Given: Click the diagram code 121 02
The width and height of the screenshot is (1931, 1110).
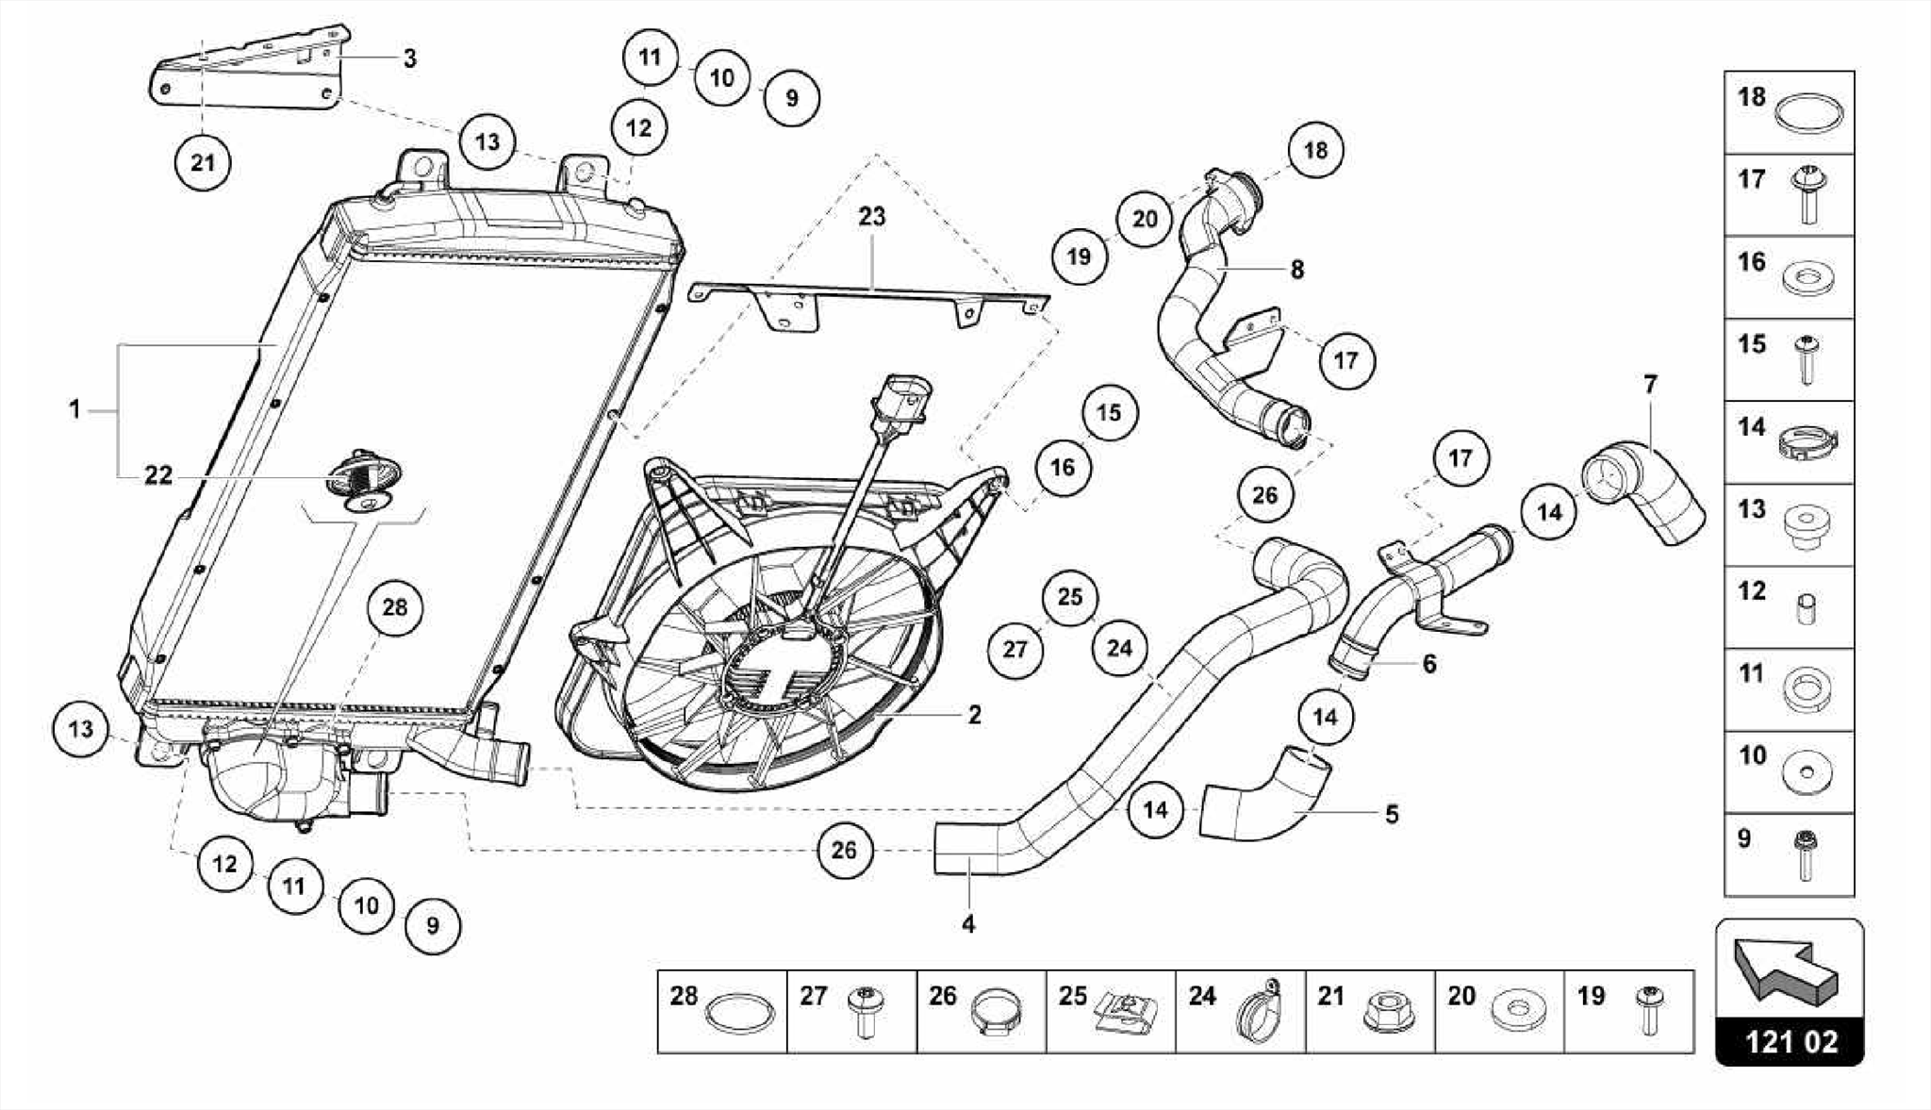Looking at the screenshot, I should point(1790,1042).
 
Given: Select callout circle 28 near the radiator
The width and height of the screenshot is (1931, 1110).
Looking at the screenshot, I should point(394,607).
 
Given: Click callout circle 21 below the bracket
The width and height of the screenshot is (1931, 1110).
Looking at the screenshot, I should point(203,163).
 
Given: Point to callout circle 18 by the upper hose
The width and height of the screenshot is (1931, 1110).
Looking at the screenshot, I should point(1315,150).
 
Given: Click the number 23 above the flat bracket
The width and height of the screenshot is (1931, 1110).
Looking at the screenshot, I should point(871,217).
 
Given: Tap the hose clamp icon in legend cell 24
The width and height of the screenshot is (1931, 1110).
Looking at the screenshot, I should point(1256,1017).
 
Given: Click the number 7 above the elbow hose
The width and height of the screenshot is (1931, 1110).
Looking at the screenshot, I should point(1649,385).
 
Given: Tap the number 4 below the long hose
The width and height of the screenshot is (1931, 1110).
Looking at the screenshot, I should point(968,924).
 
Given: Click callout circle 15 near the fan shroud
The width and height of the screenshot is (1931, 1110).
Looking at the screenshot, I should point(1109,413).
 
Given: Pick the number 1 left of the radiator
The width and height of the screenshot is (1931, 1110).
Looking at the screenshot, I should point(74,410).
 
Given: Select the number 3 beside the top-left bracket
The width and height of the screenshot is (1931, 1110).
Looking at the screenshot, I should point(409,58).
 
